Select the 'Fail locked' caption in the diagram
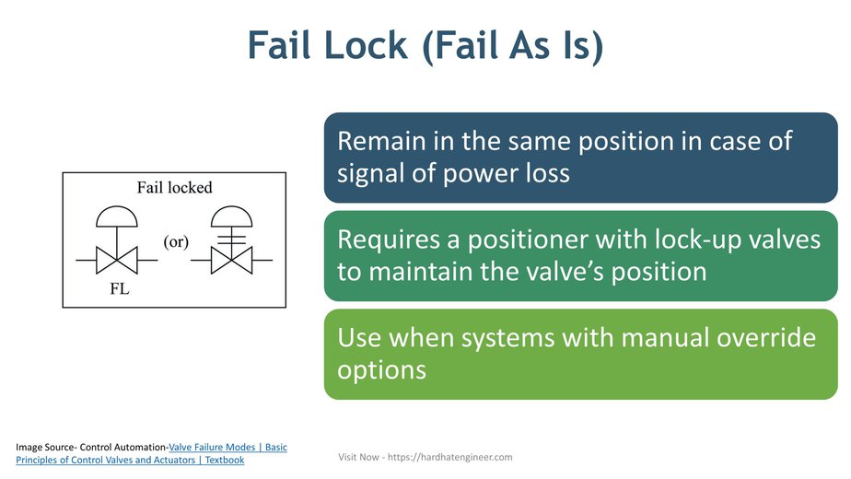click(x=175, y=188)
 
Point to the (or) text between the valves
click(x=177, y=242)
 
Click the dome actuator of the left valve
click(x=117, y=218)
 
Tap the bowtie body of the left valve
click(x=117, y=260)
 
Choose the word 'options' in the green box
click(x=381, y=369)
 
